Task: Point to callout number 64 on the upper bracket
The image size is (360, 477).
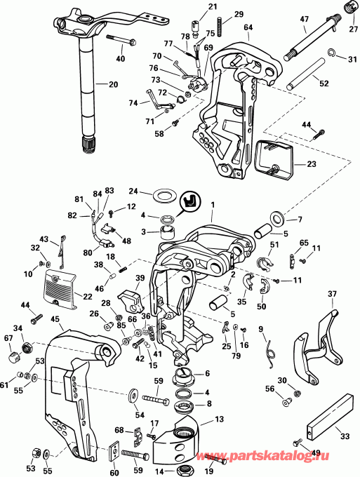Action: pyautogui.click(x=248, y=27)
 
